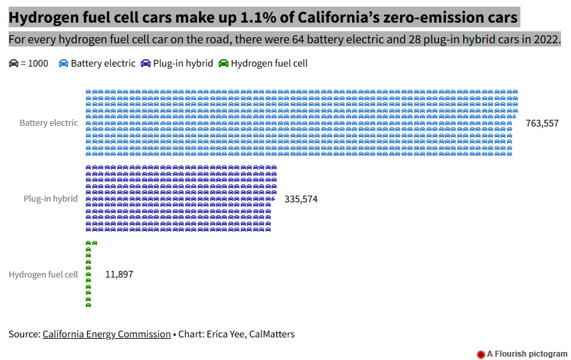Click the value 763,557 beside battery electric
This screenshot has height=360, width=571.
[542, 123]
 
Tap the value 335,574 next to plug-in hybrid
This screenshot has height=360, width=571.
[301, 199]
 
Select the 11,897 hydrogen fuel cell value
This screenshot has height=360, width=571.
[119, 274]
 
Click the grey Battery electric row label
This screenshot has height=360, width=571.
[49, 123]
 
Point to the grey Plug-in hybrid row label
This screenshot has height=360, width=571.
[51, 199]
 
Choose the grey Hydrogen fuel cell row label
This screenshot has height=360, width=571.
[43, 274]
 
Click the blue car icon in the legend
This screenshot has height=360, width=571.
[63, 63]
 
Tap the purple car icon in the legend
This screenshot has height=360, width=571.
[146, 63]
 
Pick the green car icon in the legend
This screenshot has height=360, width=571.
[223, 63]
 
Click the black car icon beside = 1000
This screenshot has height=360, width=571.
[13, 63]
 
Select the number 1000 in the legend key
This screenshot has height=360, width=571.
[38, 63]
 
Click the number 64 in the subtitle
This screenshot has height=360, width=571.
[298, 39]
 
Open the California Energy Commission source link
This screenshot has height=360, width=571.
[106, 334]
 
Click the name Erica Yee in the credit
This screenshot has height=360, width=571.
[226, 334]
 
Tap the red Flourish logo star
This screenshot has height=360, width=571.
[481, 354]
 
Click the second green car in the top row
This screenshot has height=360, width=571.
[95, 243]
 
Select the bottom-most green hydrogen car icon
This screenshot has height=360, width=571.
[88, 305]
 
